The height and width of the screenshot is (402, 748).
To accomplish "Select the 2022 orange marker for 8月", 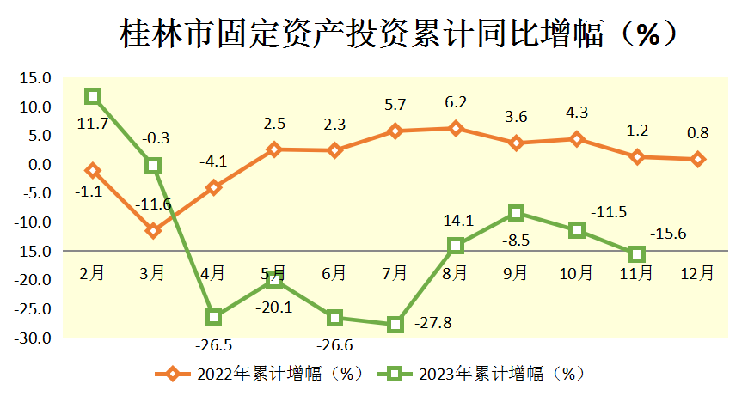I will pos(455,129).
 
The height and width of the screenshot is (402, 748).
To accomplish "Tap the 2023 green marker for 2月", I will pos(92,96).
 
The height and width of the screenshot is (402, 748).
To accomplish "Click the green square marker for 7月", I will pos(395,324).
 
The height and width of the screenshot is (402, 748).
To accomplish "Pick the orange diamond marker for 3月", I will pos(153,230).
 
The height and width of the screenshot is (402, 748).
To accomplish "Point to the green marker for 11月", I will pos(637,253).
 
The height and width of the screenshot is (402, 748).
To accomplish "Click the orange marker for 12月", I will pos(698,159).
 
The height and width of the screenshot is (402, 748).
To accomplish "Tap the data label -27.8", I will pos(433,324).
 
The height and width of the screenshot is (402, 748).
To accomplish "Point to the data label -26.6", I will pos(334,345).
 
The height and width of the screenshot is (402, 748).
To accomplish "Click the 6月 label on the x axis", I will pos(334,273).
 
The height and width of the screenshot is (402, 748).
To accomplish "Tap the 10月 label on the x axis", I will pos(576,273).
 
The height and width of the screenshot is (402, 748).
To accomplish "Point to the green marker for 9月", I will pos(516,213).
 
